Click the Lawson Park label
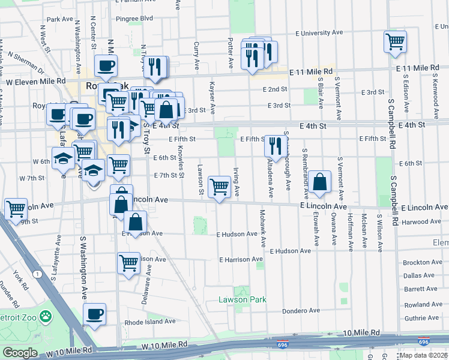point(242,299)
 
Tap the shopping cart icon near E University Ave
point(395,42)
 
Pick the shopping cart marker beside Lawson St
point(220,187)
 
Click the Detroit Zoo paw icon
point(46,316)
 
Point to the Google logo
point(20,353)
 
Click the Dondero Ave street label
point(302,311)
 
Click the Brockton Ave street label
point(423,262)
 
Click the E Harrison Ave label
point(241,260)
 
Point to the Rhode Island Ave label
point(149,322)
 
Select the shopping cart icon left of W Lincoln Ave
point(16,209)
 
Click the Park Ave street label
point(59,19)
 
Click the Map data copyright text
point(424,355)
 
